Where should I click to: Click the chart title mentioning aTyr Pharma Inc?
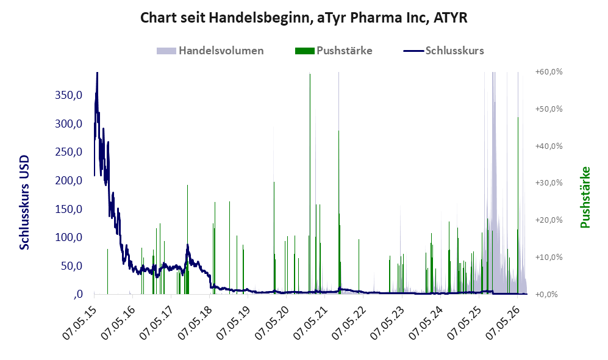pos(304,18)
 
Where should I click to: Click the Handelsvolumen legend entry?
pos(210,51)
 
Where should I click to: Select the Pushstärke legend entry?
pos(334,51)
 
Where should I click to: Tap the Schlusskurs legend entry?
pos(443,51)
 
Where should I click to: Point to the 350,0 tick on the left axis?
pos(69,95)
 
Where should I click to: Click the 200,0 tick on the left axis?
pos(69,181)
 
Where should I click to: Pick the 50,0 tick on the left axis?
pos(71,266)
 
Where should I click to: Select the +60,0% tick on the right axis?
pos(549,72)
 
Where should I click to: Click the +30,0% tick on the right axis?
pos(549,182)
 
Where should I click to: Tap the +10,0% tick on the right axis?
pos(549,257)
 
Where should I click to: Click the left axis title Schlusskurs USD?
pos(24,203)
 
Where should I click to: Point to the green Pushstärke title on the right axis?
pos(585,198)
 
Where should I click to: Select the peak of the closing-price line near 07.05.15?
pos(97,73)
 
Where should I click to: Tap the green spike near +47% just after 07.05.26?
pos(518,206)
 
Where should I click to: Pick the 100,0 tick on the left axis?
pos(69,237)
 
